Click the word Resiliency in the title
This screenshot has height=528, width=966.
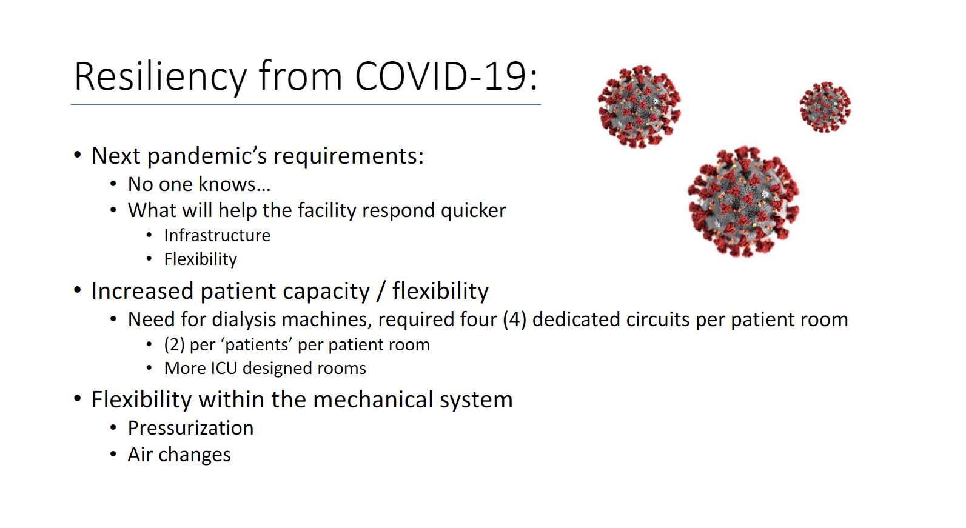(160, 77)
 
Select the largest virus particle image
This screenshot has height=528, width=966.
(743, 202)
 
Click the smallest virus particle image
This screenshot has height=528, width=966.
(825, 107)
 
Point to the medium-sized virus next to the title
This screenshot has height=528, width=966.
(639, 107)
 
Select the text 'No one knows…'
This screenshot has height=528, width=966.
(200, 184)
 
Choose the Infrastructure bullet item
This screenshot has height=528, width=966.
(217, 235)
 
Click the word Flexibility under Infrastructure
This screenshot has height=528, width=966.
(201, 259)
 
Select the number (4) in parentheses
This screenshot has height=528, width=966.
(514, 320)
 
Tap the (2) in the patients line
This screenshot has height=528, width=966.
(174, 345)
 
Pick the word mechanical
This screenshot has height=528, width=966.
(373, 399)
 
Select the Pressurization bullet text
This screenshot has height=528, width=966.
(190, 429)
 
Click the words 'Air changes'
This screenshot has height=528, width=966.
(179, 455)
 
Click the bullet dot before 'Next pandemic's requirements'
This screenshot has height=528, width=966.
(78, 155)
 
